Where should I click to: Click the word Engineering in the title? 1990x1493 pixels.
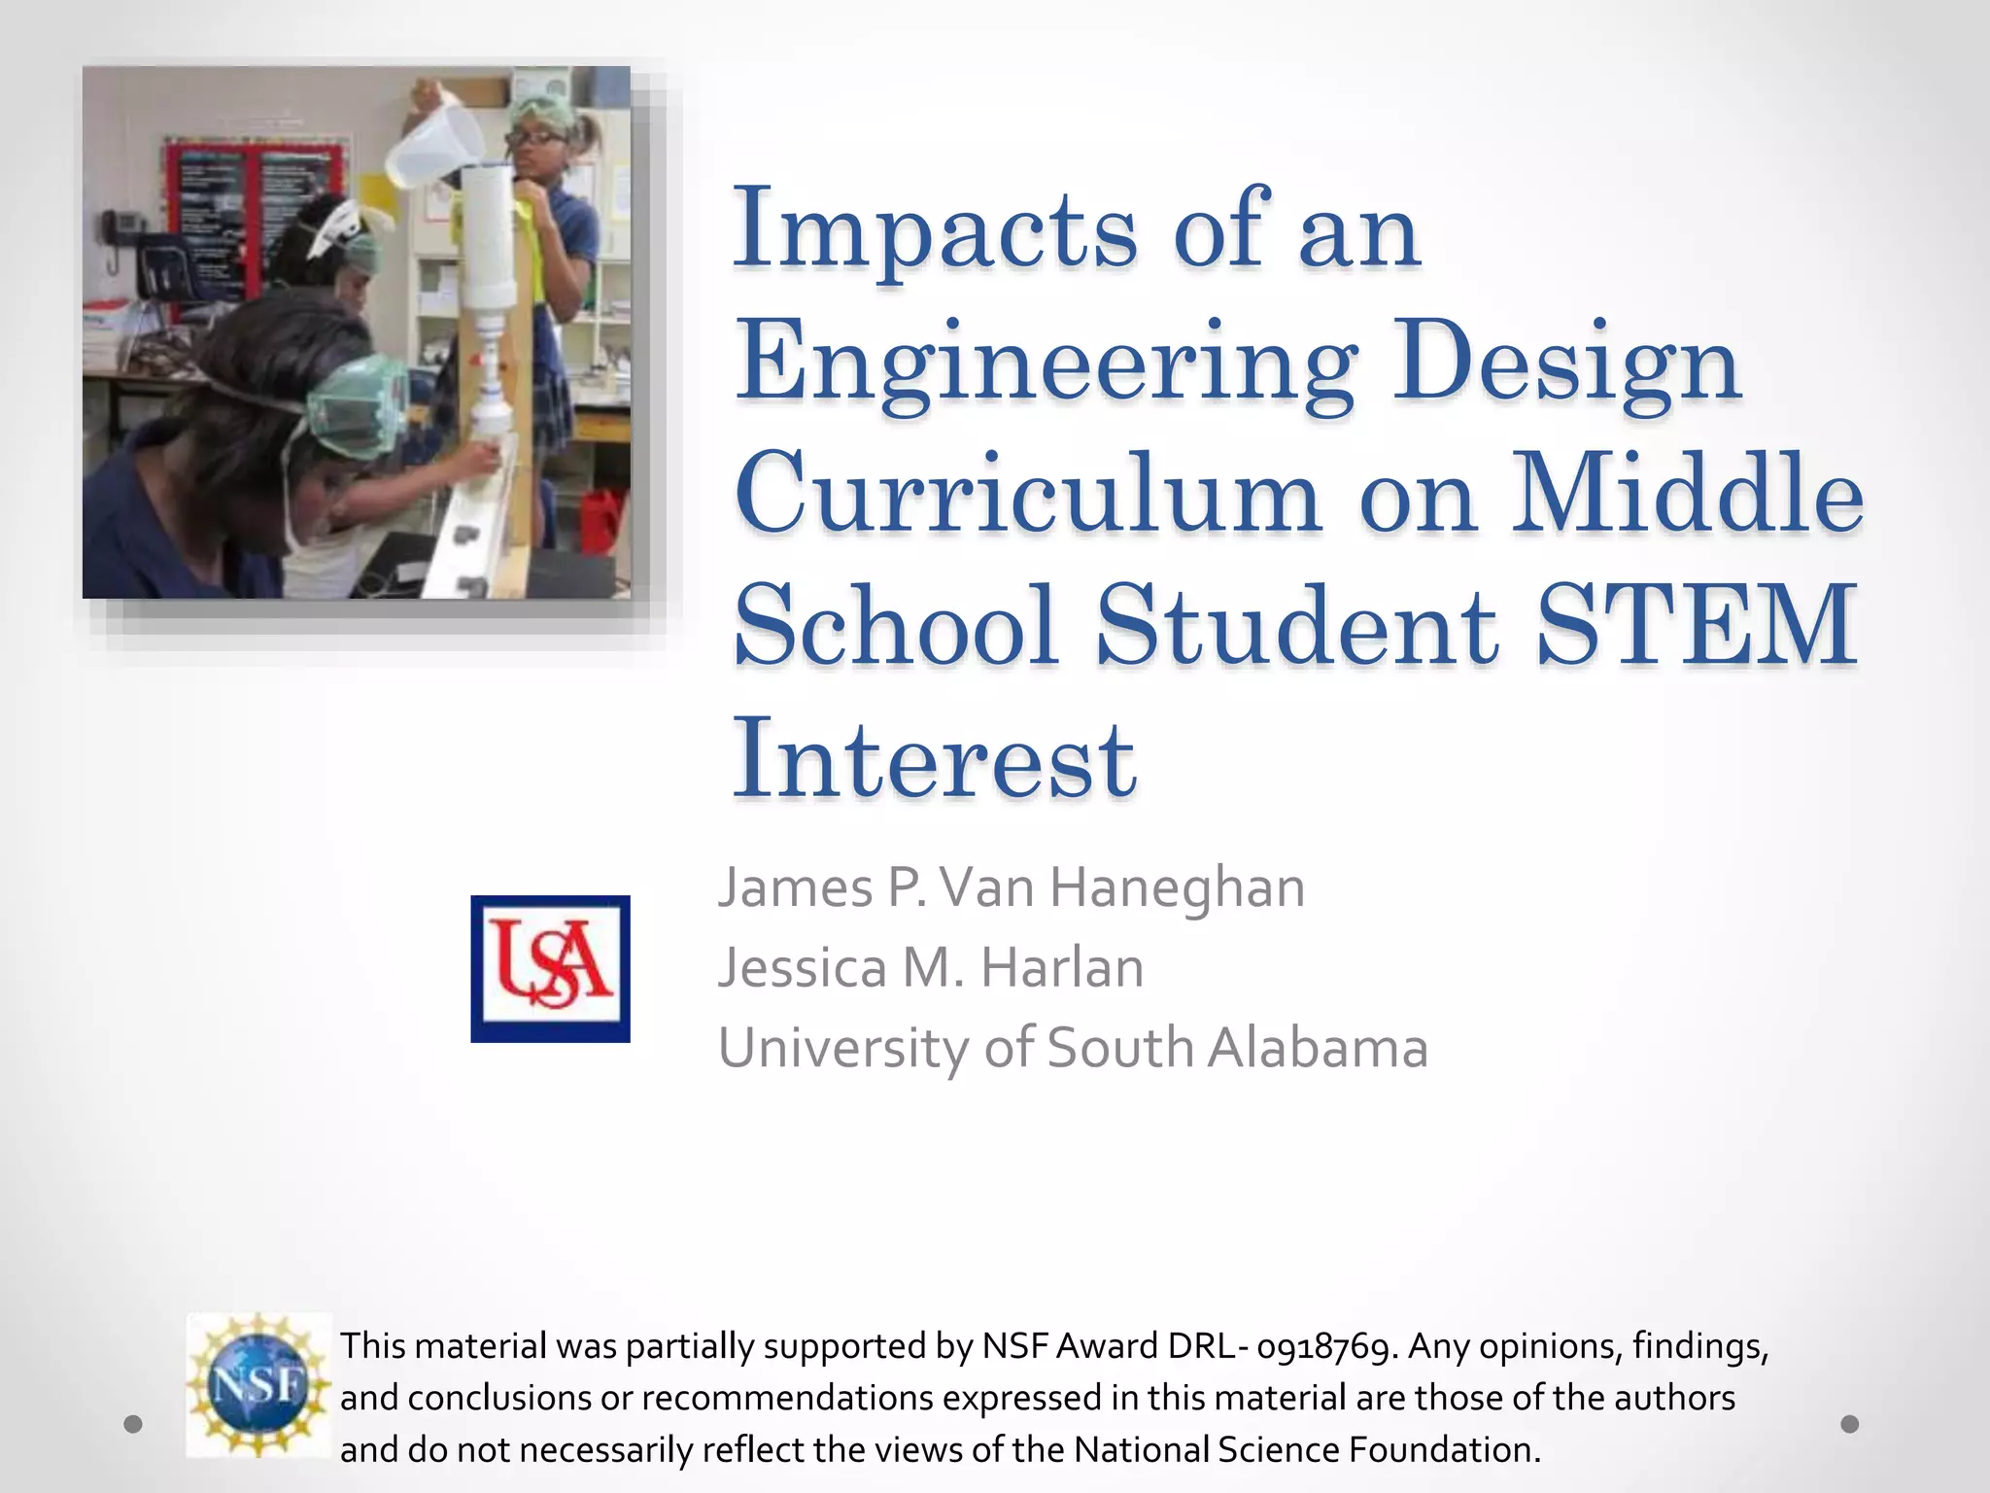click(x=1045, y=365)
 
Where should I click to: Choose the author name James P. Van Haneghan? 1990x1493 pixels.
click(x=1011, y=887)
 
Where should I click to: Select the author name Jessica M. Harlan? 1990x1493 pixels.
click(x=930, y=968)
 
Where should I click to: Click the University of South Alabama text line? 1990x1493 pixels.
click(x=1073, y=1048)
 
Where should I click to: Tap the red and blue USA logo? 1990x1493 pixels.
click(x=550, y=968)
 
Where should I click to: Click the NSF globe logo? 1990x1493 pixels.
click(x=258, y=1384)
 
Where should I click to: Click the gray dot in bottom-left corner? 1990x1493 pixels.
click(x=134, y=1424)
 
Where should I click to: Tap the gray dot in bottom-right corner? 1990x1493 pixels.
click(x=1850, y=1424)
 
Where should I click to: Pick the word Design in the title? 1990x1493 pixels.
click(x=1566, y=365)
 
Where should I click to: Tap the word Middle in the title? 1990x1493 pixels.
click(x=1687, y=496)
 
